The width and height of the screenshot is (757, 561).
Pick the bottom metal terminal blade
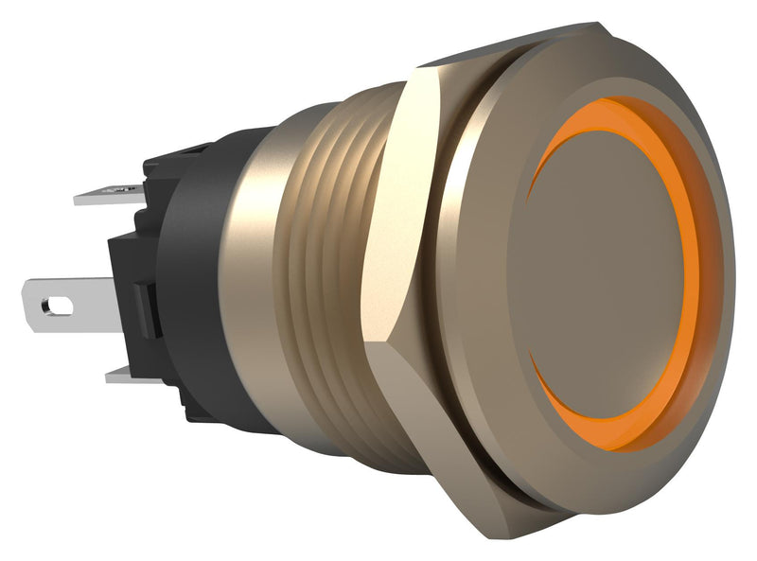pyautogui.click(x=128, y=377)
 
